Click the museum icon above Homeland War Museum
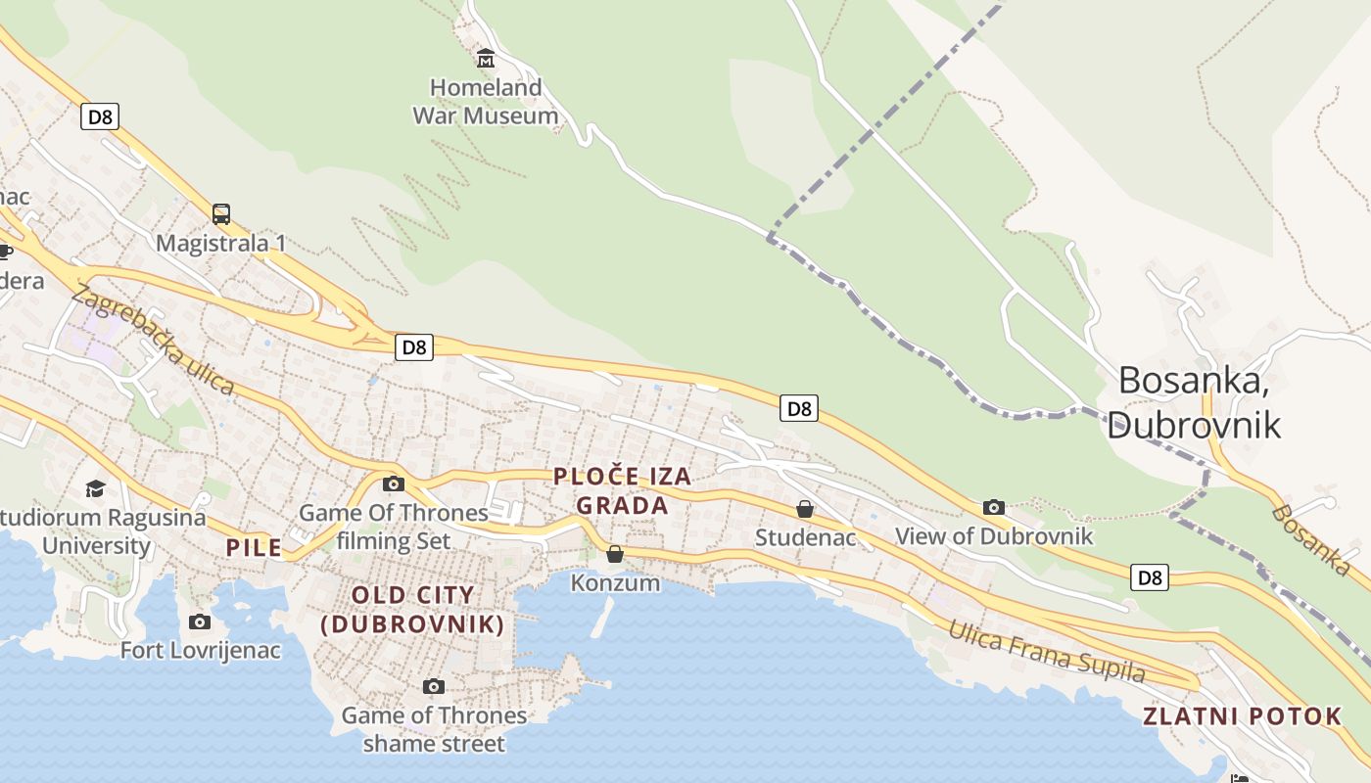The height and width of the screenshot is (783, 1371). point(485,58)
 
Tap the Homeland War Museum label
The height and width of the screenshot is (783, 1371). point(486,102)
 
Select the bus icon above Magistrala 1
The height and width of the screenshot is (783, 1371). point(221,214)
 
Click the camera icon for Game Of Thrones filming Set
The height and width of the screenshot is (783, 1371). point(394,484)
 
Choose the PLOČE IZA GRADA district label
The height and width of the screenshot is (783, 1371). point(623,491)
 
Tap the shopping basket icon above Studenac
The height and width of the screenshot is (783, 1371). point(805,509)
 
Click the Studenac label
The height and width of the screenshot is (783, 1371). point(805,537)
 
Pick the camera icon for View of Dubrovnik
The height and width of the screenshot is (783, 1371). point(994,507)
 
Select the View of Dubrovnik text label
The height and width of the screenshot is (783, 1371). point(994,536)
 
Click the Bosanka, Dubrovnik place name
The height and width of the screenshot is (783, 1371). point(1194,401)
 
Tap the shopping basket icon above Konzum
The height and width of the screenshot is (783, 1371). point(615,555)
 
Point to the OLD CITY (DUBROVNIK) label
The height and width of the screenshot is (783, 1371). point(412,610)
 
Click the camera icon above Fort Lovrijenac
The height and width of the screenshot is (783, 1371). point(200,622)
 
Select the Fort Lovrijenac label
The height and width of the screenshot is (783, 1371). point(200,650)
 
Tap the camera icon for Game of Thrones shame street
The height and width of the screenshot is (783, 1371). point(434,687)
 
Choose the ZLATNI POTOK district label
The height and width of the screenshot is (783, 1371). point(1242,716)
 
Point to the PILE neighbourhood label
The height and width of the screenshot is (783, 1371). point(254,547)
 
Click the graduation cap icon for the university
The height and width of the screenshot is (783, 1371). point(95,488)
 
